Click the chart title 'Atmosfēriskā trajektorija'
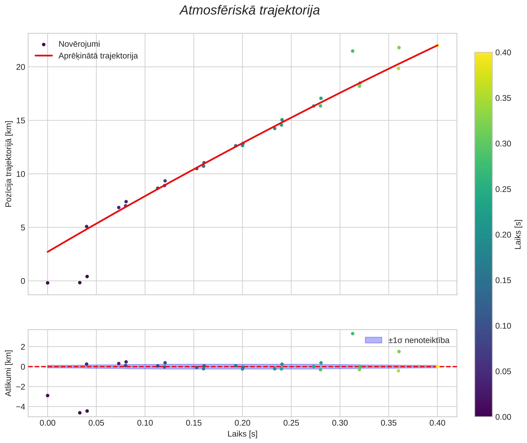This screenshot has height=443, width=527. [x=250, y=10]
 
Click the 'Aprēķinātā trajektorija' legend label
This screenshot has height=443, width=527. [x=98, y=56]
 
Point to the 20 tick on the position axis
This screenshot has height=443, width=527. [x=21, y=67]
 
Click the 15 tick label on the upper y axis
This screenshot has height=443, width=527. [x=21, y=121]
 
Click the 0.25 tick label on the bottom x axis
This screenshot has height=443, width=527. [x=291, y=423]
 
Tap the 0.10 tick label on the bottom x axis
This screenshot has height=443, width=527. [x=145, y=423]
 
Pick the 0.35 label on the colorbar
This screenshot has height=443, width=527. [x=503, y=98]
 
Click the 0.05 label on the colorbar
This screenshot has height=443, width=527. [x=503, y=371]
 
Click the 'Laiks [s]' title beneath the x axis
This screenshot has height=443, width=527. [x=242, y=434]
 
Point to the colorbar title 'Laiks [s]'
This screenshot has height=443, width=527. [x=518, y=235]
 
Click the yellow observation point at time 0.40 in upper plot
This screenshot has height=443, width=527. [x=437, y=45]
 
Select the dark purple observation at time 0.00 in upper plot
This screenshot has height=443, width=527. [x=48, y=283]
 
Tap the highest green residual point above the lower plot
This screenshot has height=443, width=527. [x=353, y=334]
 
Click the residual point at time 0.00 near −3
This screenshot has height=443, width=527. [x=48, y=395]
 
